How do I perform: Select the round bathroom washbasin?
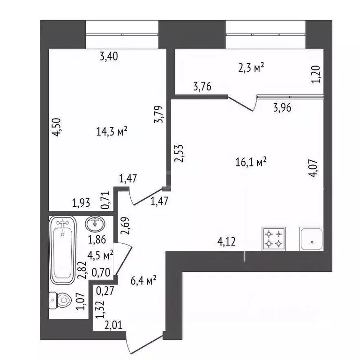tap(97, 224)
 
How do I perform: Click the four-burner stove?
tap(274, 238)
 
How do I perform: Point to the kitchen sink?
tap(312, 238)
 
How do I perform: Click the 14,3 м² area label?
tap(112, 133)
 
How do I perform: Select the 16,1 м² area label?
tap(252, 162)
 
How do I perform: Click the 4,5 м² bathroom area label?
tap(101, 256)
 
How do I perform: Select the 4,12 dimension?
tap(226, 242)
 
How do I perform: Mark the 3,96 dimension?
tap(283, 108)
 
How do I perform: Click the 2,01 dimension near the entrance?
tap(114, 324)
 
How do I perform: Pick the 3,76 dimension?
tap(202, 86)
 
